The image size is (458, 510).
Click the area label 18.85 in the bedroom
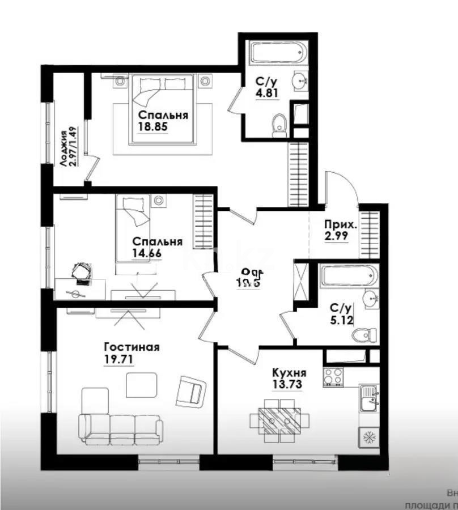[153, 127]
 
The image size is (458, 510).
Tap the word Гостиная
[132, 347]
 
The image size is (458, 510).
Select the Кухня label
[289, 373]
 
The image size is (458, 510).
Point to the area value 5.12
[342, 320]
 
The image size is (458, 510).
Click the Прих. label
[341, 224]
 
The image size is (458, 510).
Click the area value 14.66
[146, 253]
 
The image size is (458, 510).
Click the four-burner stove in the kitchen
[333, 377]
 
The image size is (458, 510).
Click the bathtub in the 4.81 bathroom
[278, 53]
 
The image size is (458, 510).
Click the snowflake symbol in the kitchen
[368, 437]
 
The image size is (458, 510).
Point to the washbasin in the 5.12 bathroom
[370, 298]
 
